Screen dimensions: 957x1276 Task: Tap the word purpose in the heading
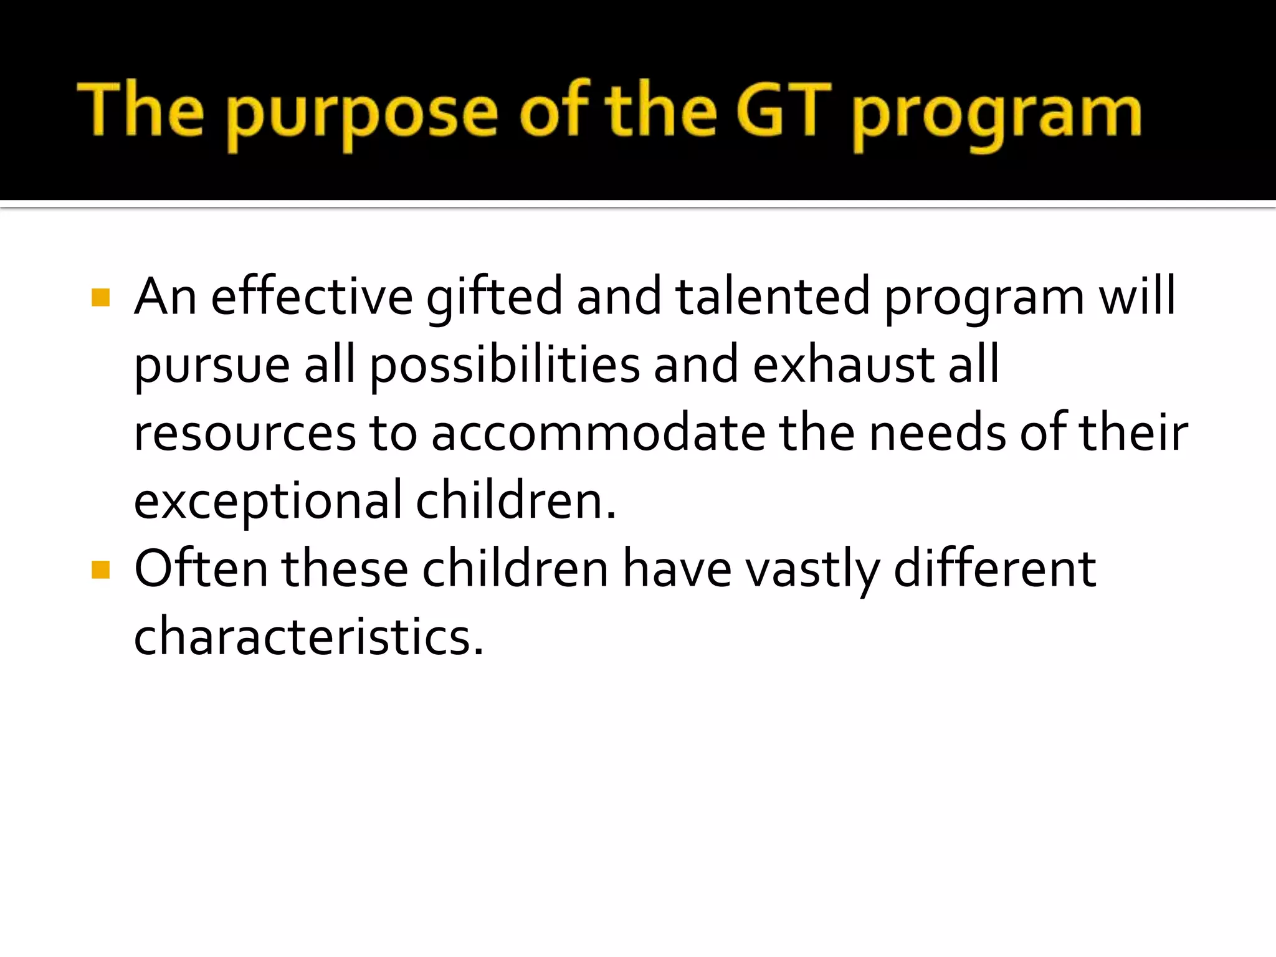click(x=361, y=115)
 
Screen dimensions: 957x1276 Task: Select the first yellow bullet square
click(x=100, y=298)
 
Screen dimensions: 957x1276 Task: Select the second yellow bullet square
click(x=100, y=569)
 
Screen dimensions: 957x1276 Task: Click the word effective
click(x=312, y=297)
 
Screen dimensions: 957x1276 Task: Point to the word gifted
click(x=495, y=298)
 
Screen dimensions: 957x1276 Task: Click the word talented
click(x=773, y=297)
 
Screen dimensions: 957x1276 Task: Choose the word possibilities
click(x=505, y=365)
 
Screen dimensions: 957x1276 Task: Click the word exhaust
click(x=843, y=365)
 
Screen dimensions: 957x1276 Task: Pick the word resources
click(x=244, y=434)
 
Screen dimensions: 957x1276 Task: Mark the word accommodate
click(x=598, y=434)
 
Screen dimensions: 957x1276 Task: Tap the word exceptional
click(x=268, y=502)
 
